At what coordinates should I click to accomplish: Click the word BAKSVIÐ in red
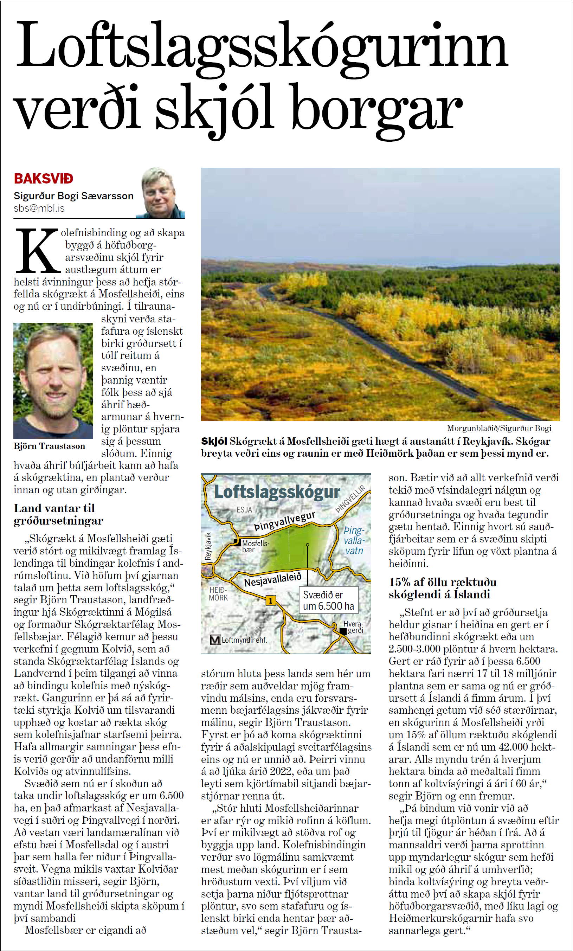44,179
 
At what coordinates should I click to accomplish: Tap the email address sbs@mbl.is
39,208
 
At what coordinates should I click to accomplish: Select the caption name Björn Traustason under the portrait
49,446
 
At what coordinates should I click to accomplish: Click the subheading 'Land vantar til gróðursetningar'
59,514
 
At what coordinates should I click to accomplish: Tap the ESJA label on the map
244,509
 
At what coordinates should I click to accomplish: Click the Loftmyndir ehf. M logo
214,640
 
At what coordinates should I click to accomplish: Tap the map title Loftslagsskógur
277,492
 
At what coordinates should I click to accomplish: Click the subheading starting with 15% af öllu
443,588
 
